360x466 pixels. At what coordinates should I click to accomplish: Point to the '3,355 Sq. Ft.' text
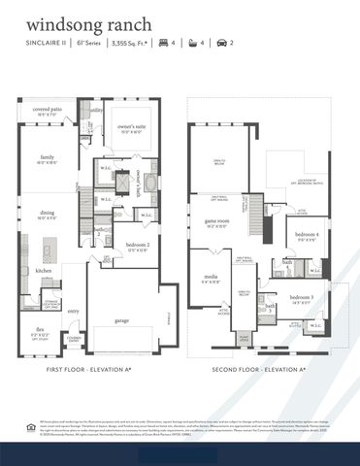134,45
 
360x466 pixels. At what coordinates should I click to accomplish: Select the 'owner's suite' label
132,126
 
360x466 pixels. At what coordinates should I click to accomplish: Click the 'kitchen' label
44,270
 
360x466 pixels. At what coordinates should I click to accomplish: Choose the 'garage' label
122,319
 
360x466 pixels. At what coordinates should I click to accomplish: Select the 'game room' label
216,221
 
